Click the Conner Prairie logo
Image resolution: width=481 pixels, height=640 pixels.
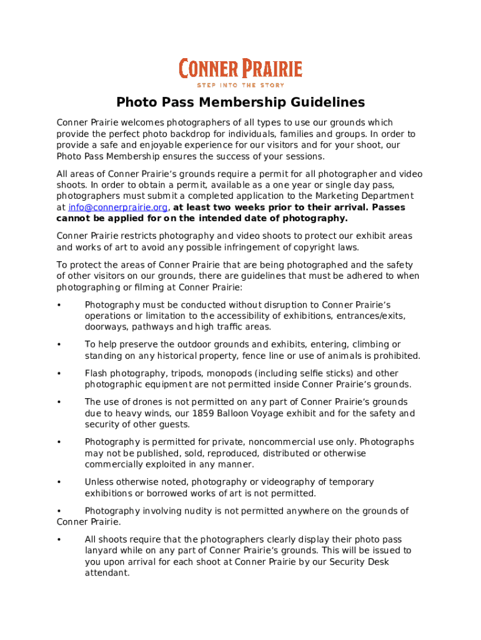241,69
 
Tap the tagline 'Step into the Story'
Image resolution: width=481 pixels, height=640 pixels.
241,85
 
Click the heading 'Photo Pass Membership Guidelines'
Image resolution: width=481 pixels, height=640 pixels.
241,102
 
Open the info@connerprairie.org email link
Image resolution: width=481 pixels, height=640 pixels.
117,207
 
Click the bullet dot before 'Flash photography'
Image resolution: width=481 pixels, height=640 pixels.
59,374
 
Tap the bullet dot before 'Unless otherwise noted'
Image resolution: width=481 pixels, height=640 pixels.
59,482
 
